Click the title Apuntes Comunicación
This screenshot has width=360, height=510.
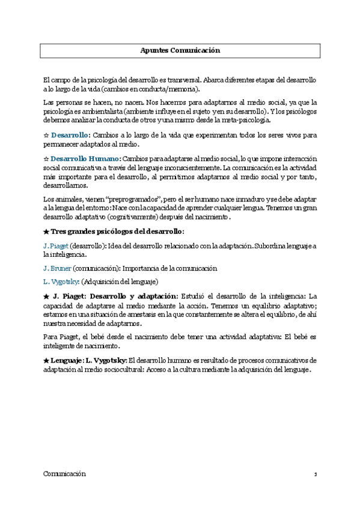pos(180,51)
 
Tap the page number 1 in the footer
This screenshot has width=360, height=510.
pos(315,475)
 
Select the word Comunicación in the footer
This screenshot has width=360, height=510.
pos(64,474)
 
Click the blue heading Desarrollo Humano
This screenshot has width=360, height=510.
pos(85,158)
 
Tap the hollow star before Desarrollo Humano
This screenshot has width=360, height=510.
pos(46,158)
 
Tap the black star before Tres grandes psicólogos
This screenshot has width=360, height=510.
pos(46,232)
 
